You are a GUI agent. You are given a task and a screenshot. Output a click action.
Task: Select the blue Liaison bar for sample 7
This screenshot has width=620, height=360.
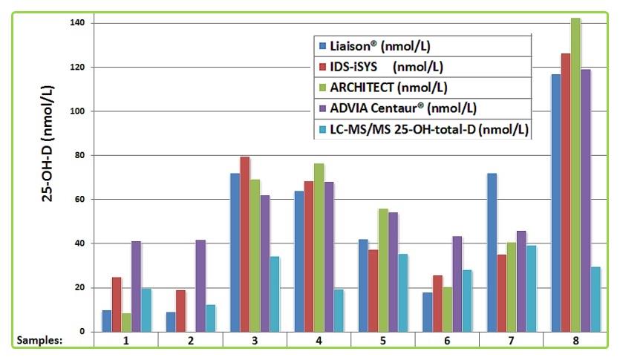tap(491, 252)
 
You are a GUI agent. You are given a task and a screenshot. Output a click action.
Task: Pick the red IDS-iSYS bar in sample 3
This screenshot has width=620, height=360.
tap(245, 244)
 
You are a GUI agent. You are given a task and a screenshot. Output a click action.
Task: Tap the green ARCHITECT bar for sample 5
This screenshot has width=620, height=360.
tap(383, 270)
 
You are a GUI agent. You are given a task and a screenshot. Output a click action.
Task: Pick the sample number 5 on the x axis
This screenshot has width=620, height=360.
tap(382, 341)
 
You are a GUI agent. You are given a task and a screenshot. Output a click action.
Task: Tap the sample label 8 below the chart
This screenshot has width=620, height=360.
tap(574, 341)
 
